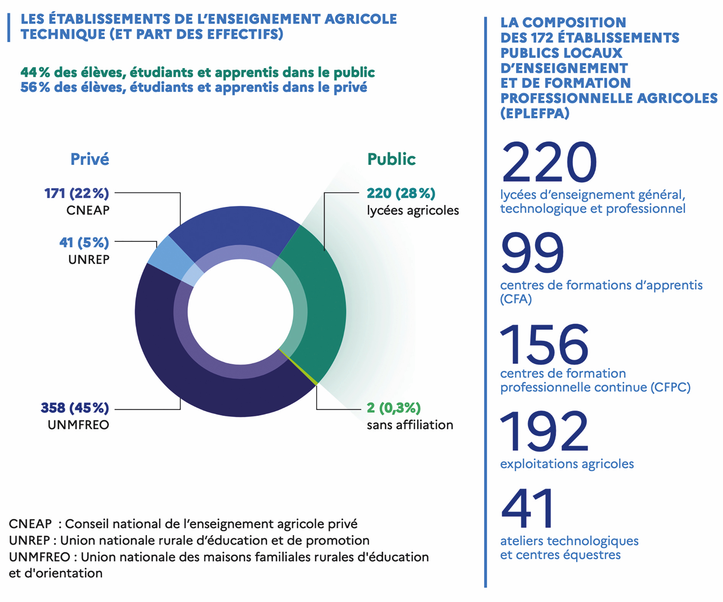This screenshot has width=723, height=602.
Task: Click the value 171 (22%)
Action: (77, 194)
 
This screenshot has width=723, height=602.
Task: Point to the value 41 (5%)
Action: (84, 242)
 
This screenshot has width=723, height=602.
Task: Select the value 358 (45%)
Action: (75, 408)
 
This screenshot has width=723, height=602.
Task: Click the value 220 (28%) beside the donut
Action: (401, 194)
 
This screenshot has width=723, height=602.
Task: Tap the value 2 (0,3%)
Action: (394, 408)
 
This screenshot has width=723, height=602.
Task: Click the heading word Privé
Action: (90, 159)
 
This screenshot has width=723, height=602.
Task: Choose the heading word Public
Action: (391, 159)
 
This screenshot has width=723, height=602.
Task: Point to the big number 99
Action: (532, 252)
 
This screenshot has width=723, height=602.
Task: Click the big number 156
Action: (544, 343)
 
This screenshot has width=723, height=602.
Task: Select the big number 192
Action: (544, 431)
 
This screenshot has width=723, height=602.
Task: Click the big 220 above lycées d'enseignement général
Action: (549, 162)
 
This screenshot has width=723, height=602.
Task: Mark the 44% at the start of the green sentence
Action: (35, 72)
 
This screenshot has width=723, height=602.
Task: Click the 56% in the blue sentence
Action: (35, 88)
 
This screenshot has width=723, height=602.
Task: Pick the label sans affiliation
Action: (410, 425)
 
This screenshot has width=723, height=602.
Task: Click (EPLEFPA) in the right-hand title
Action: (535, 113)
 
